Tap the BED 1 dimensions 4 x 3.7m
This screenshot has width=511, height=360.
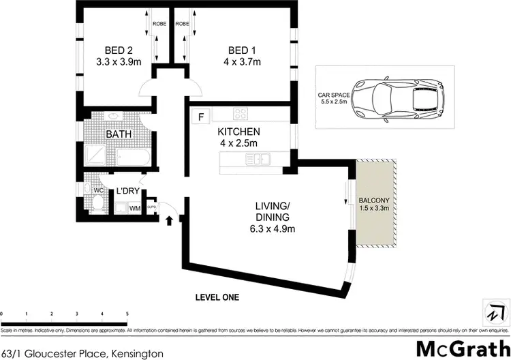pos(245,62)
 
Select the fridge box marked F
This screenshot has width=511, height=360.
pos(200,116)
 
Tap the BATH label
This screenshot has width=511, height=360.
pos(117,134)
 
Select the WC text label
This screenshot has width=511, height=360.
pos(89,190)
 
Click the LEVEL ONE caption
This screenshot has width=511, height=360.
pos(217,298)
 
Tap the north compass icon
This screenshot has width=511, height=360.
pos(492,313)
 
